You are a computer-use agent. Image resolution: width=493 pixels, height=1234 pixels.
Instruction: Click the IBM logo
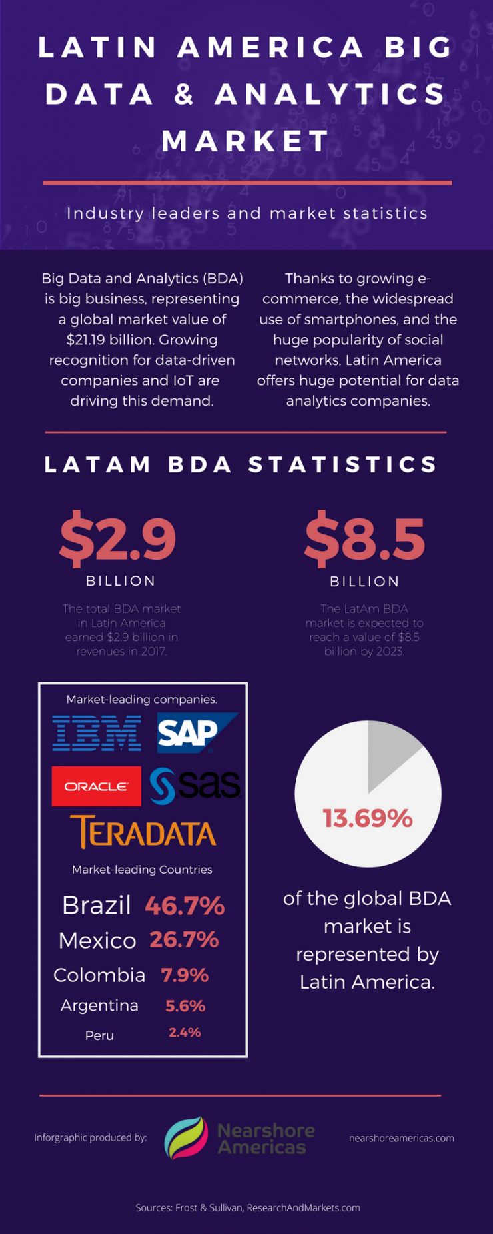97,733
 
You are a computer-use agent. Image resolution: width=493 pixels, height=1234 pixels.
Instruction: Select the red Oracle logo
97,786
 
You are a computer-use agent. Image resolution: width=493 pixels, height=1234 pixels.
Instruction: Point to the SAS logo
195,786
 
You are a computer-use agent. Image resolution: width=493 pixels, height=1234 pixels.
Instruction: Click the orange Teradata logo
143,832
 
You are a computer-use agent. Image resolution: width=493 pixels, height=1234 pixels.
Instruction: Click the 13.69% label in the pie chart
368,818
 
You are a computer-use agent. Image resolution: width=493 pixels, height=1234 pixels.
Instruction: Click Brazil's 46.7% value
185,906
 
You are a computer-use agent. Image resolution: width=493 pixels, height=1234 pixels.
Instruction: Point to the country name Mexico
97,941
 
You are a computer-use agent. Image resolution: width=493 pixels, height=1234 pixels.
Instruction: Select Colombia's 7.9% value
185,975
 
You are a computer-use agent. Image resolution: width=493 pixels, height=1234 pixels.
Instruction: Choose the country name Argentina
99,1005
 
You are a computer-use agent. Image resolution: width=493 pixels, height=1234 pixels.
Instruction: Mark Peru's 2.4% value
185,1033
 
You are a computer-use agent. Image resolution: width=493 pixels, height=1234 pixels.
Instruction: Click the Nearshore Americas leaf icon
186,1138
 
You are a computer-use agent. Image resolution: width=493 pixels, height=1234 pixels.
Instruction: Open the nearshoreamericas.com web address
401,1138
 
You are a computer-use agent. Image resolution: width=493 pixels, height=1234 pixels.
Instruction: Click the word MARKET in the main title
246,141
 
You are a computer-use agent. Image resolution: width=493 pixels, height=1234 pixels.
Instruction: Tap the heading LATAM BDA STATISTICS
241,464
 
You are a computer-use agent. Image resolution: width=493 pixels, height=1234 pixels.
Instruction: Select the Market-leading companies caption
141,700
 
